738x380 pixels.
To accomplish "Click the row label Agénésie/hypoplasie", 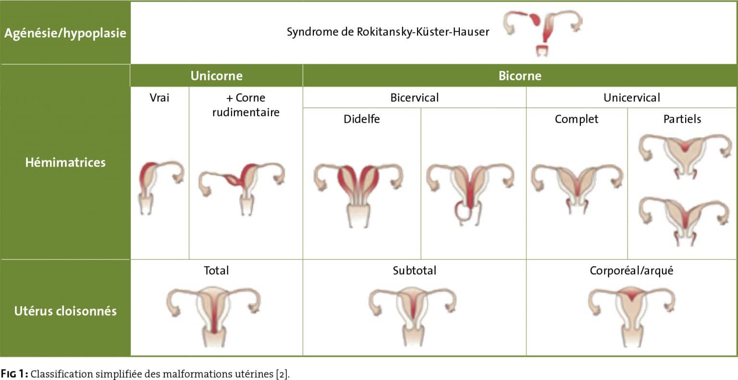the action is point(65,33).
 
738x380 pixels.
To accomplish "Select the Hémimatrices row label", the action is point(65,162).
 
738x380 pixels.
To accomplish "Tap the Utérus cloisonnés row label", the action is point(65,311).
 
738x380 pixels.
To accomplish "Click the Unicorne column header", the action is point(217,76).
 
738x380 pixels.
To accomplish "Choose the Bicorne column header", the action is point(519,76).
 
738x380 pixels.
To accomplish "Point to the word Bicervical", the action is point(414,98).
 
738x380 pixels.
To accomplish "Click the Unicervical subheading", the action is point(632,98).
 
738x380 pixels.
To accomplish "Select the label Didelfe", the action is point(361,119).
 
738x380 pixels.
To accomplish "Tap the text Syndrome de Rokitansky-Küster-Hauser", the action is point(388,32).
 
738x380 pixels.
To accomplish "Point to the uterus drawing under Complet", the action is point(577,189).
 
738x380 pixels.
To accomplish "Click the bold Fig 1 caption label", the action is point(14,374).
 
